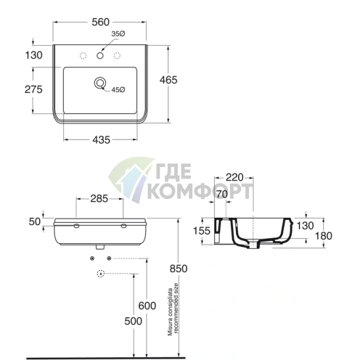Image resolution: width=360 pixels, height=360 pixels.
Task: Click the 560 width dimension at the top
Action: click(x=100, y=22)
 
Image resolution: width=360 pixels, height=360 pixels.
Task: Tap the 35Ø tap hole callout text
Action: click(x=118, y=34)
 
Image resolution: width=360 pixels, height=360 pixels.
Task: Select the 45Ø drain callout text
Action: click(x=118, y=90)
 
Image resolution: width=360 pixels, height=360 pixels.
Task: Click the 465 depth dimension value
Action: click(x=168, y=80)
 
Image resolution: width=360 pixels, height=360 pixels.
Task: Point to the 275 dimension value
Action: click(x=33, y=89)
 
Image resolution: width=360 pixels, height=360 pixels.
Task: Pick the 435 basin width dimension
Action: click(x=101, y=140)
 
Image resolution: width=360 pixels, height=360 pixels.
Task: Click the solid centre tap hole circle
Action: click(x=100, y=56)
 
